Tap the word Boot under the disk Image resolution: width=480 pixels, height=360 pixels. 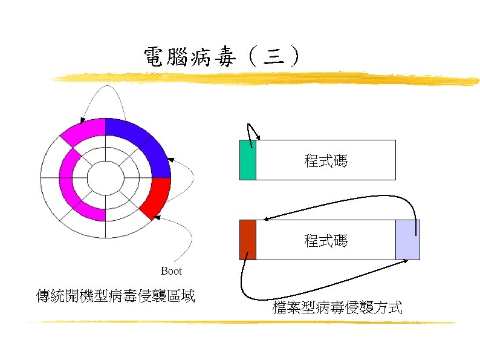tap(171, 271)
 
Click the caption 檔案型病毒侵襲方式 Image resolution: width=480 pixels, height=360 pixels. tap(337, 308)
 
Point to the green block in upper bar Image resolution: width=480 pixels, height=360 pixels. tap(248, 160)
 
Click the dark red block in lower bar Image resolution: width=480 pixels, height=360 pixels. tap(248, 240)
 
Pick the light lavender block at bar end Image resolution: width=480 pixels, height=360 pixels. tap(407, 240)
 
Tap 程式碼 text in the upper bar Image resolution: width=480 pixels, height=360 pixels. tap(326, 161)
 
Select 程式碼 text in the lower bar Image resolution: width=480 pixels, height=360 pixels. tap(326, 241)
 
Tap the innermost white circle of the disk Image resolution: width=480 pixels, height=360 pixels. tap(106, 178)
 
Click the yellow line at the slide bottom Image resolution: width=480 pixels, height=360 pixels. tap(242, 322)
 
